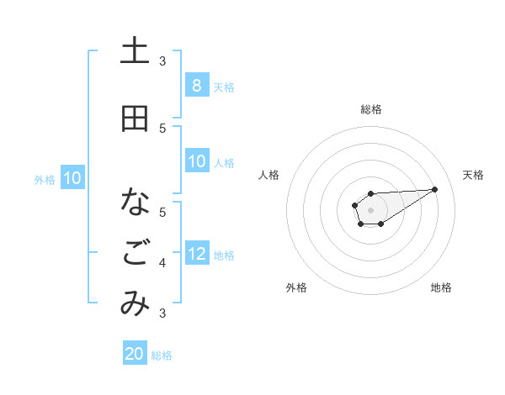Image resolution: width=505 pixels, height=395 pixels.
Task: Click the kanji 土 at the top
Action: (135, 50)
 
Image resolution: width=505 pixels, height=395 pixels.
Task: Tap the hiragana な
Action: (135, 203)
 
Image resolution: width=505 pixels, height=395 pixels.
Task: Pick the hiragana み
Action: (135, 303)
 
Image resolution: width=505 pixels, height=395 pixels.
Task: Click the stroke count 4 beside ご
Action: (162, 263)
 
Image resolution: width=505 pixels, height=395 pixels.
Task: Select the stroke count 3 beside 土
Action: (162, 61)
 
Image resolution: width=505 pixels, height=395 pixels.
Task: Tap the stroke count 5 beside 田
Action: (162, 128)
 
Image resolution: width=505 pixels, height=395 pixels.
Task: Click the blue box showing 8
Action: (196, 86)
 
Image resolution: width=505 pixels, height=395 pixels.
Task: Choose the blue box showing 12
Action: (196, 254)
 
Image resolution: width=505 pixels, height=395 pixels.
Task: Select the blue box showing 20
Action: (135, 354)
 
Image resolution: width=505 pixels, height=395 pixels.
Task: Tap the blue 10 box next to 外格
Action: (72, 178)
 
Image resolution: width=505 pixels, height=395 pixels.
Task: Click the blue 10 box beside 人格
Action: (196, 161)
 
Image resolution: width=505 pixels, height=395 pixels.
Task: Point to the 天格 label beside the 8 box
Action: (224, 87)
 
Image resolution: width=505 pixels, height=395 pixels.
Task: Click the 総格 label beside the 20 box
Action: (162, 355)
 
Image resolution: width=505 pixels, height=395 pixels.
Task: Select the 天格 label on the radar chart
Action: (473, 175)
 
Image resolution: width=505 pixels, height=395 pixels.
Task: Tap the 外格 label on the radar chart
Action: (296, 287)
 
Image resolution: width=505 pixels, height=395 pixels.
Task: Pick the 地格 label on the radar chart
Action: (441, 287)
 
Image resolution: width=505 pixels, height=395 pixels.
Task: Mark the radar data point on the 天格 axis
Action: (435, 189)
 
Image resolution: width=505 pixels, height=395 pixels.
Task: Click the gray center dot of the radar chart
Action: (370, 208)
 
